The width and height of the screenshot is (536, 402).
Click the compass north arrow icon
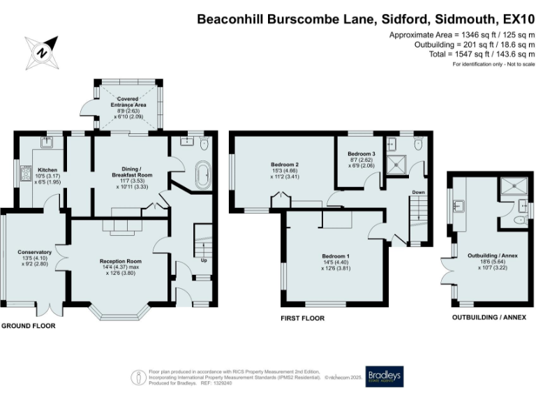pos(43,51)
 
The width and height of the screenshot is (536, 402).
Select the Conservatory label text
pos(34,255)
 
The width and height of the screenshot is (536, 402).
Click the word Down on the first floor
pos(418,191)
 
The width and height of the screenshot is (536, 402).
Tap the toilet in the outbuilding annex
pos(520,219)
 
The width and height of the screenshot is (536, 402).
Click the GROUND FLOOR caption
pos(28,326)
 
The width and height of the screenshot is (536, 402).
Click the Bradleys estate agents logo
pos(384,375)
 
